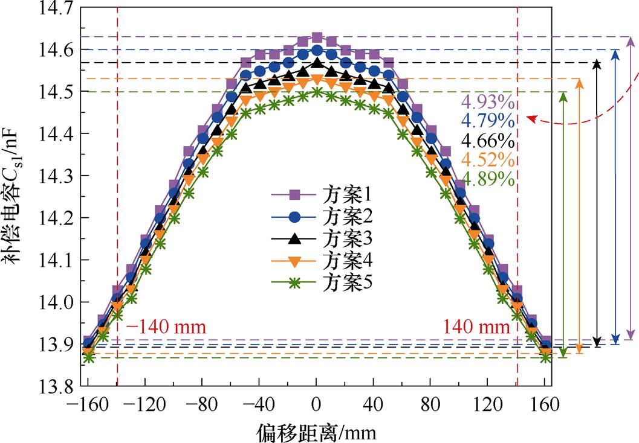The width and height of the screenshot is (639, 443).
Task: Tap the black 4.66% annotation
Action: point(488,141)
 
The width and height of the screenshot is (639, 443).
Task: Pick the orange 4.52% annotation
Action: point(488,160)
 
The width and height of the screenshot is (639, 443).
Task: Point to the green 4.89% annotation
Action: point(488,179)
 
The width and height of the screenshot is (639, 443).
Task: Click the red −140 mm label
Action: point(166,328)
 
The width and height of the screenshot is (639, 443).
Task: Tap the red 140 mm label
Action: point(476,328)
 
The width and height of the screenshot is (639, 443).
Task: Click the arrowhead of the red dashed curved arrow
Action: point(530,118)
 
